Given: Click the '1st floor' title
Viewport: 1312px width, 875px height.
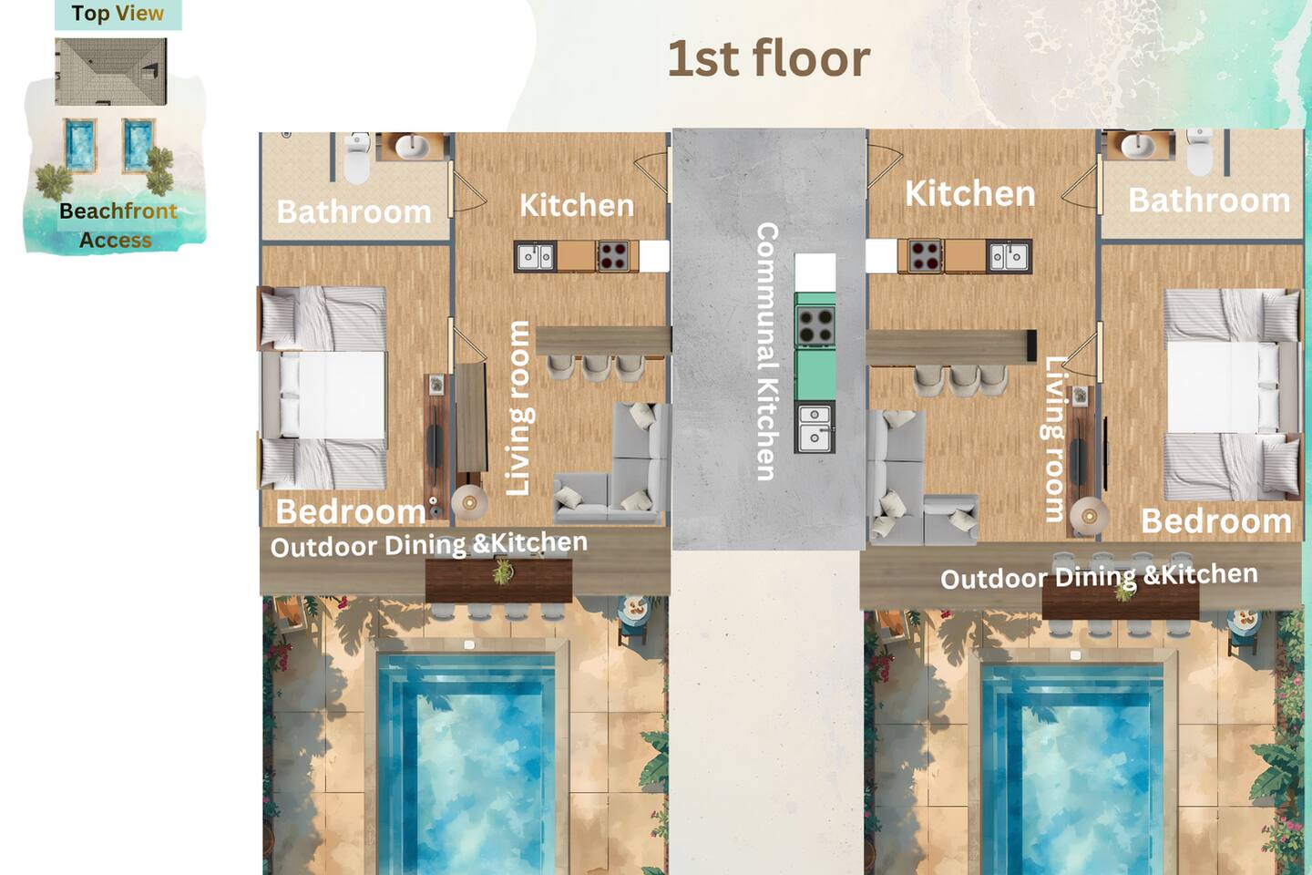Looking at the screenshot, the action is point(769,58).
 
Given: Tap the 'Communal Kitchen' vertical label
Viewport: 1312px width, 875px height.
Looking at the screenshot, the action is point(767,352).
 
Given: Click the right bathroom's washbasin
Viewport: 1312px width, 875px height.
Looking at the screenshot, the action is point(1137,145).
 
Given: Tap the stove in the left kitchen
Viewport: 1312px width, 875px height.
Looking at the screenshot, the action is point(612,256).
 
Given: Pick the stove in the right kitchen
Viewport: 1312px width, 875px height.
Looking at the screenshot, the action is point(925,256).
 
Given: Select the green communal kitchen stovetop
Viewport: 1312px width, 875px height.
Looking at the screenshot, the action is point(815,326).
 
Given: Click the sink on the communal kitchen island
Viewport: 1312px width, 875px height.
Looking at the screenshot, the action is point(815,427).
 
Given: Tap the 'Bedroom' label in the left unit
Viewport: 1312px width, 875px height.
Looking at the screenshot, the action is point(350,511).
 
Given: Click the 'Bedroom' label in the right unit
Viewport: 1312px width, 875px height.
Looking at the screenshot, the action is point(1216,521).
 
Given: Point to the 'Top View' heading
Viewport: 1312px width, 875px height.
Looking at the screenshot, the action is point(118,13).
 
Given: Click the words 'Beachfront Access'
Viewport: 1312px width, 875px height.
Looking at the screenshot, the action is point(118,226).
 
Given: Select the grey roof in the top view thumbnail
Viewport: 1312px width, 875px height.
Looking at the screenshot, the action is point(111,72).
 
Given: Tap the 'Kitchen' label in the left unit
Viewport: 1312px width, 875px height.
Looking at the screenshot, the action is point(577,206).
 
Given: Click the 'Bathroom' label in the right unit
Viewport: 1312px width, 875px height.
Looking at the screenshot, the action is point(1210,201).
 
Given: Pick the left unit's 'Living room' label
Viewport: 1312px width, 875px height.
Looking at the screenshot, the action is point(518,408).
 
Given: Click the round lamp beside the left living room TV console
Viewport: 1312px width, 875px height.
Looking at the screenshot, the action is point(469,502).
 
